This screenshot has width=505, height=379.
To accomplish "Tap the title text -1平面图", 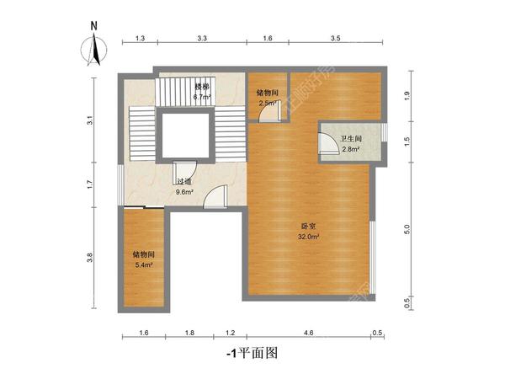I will tap(252, 354).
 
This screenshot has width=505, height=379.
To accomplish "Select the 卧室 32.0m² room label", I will tap(308, 232).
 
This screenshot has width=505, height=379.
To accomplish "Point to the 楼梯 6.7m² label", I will tap(201, 92).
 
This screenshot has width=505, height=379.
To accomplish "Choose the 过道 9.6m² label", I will tap(184, 186).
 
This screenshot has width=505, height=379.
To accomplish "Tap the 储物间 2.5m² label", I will tap(268, 98).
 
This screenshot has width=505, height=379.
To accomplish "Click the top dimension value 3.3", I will tap(203, 40).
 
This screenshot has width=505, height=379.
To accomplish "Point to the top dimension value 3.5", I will tap(335, 40).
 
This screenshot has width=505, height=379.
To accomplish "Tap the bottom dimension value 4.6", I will tap(308, 334).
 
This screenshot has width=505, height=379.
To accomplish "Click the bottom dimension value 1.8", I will tap(190, 334).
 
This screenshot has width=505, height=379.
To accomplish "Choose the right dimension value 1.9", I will tap(407, 96).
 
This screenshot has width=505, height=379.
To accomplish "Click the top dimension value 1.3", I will tap(140, 40).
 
